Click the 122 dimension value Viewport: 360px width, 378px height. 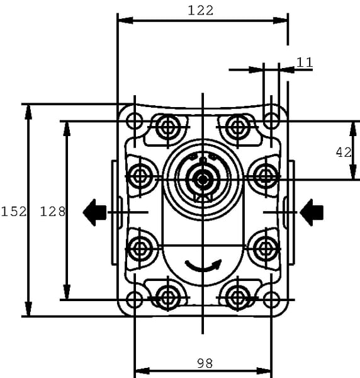[200, 11]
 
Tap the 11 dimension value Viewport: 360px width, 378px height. [305, 62]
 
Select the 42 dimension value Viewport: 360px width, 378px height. [344, 152]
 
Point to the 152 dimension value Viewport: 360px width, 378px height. [14, 212]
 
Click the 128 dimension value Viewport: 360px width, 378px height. [52, 212]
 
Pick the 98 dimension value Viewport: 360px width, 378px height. [205, 364]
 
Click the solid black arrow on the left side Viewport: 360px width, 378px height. [94, 212]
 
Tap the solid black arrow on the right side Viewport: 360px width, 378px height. [312, 212]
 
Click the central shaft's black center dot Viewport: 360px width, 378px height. [203, 179]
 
